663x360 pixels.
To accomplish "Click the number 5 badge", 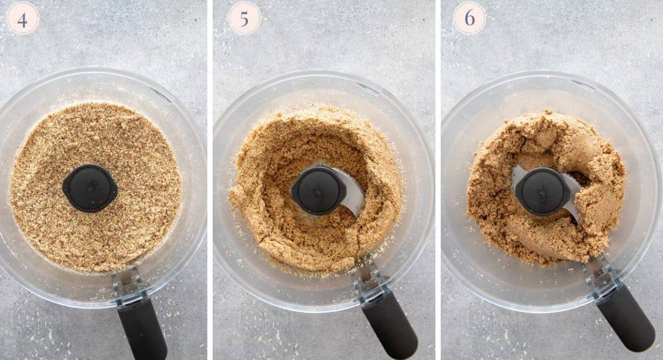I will coord(244,18).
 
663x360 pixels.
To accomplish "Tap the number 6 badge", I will coord(469,18).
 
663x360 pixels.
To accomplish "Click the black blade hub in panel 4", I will coord(90,188).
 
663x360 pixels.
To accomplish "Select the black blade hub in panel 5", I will coord(318,190).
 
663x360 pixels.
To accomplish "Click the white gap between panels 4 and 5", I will coord(210,180).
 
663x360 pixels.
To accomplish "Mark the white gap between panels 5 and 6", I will coord(438,180).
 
